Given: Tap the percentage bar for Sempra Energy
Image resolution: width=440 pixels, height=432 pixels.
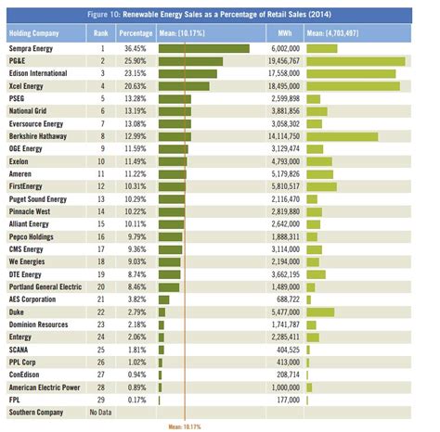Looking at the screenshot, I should (203, 47).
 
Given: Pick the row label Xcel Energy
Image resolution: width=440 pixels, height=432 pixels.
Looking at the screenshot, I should (29, 85).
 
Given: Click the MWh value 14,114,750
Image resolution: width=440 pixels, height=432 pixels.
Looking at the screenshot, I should (279, 135).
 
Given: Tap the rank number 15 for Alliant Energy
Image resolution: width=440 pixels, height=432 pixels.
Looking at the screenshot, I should (101, 223).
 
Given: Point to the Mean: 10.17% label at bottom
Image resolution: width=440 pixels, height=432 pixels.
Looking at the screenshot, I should (186, 426).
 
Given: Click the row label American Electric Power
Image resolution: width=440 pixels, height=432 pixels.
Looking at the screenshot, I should (45, 386).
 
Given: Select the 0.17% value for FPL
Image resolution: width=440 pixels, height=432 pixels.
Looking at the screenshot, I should (136, 399).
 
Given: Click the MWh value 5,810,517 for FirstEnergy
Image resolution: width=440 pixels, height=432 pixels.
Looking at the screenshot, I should (279, 185).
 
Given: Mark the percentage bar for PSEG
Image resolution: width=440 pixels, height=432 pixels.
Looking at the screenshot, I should (175, 97).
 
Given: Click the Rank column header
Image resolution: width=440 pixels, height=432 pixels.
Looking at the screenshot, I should (102, 32).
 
